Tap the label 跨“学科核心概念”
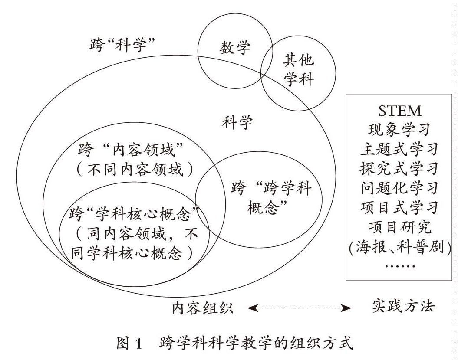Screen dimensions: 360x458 (134, 213)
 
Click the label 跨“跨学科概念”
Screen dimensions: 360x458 (269, 197)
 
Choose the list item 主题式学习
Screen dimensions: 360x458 (399, 148)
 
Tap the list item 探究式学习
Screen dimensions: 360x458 (399, 167)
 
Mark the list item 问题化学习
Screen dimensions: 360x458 (399, 187)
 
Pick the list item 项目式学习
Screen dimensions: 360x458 (399, 207)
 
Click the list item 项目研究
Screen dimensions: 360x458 (399, 226)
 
